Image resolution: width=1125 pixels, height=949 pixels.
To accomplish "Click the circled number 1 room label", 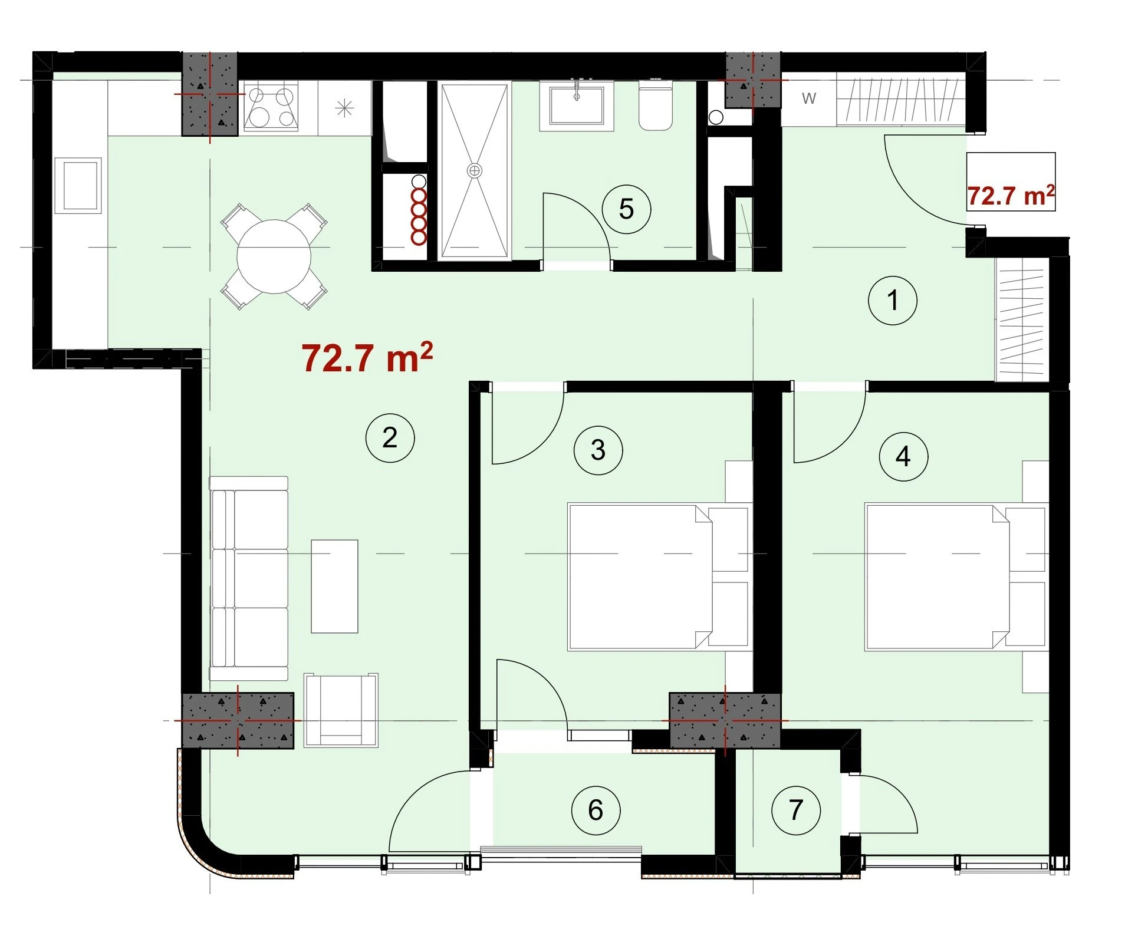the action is [892, 301].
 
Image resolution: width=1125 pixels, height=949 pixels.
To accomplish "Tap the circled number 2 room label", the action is [390, 438].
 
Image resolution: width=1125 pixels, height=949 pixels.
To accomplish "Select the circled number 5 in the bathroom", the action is [626, 209].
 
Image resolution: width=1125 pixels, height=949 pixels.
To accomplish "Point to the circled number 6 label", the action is [596, 810].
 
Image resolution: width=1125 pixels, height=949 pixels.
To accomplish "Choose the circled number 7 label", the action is [796, 810].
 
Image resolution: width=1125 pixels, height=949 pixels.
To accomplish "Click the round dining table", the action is [274, 256].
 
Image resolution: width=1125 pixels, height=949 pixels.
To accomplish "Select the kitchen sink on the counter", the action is [78, 186].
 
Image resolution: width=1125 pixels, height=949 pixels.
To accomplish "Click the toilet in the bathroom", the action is [655, 105].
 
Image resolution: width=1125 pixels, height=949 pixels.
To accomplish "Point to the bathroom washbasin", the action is [577, 106].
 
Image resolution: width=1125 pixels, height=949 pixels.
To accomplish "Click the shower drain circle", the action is [474, 171].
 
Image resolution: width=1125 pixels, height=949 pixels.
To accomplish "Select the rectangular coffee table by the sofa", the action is [334, 586].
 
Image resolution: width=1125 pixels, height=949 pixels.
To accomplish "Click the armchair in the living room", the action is [341, 710].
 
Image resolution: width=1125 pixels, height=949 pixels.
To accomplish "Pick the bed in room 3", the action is [659, 576].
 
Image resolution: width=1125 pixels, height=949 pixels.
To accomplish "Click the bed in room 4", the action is [956, 576].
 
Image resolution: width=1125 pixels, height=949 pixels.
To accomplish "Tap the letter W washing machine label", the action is [809, 98].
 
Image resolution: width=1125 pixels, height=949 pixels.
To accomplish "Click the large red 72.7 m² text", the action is [367, 357].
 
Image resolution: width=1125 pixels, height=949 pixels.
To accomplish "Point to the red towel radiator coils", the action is [419, 216].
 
